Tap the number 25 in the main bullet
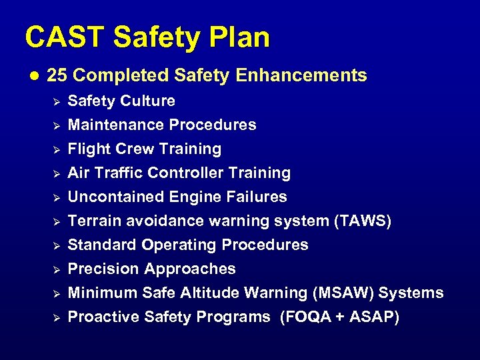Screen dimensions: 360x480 pyautogui.click(x=57, y=75)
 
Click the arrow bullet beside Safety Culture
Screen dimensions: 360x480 pyautogui.click(x=57, y=101)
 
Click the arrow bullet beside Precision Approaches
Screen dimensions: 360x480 pyautogui.click(x=57, y=269)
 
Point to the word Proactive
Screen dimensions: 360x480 pyautogui.click(x=99, y=317)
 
